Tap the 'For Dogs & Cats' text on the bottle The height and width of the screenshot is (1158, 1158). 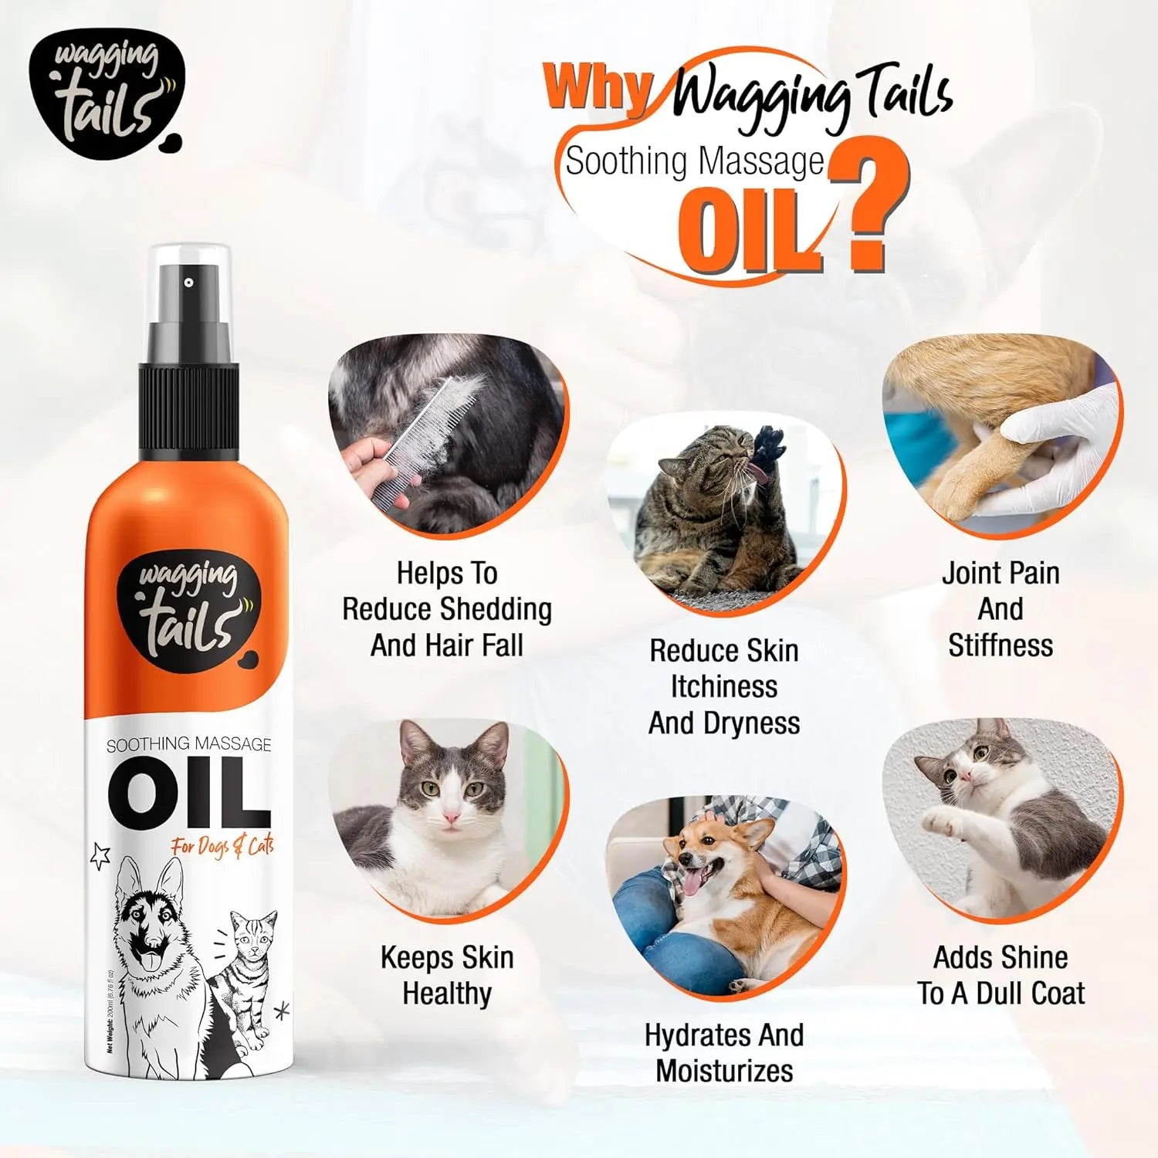click(x=222, y=847)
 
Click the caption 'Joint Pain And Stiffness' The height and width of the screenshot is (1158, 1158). click(x=1001, y=609)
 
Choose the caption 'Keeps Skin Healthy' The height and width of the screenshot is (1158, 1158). click(x=447, y=975)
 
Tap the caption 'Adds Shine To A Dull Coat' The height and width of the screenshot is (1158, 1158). click(x=1001, y=975)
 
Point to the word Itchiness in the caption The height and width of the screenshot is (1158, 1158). click(x=723, y=687)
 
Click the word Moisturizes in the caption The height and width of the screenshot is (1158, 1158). click(x=724, y=1071)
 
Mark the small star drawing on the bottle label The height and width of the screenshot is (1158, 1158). click(x=101, y=855)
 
